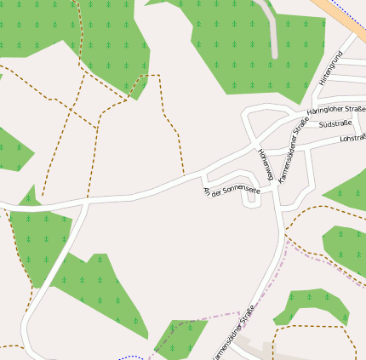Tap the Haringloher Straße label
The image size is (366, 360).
[x=335, y=109]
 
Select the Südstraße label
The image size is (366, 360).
[x=335, y=124]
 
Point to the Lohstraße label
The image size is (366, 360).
[x=352, y=137]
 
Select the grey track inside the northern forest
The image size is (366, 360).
[x=273, y=34]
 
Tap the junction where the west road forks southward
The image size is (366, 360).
[x=87, y=203]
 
